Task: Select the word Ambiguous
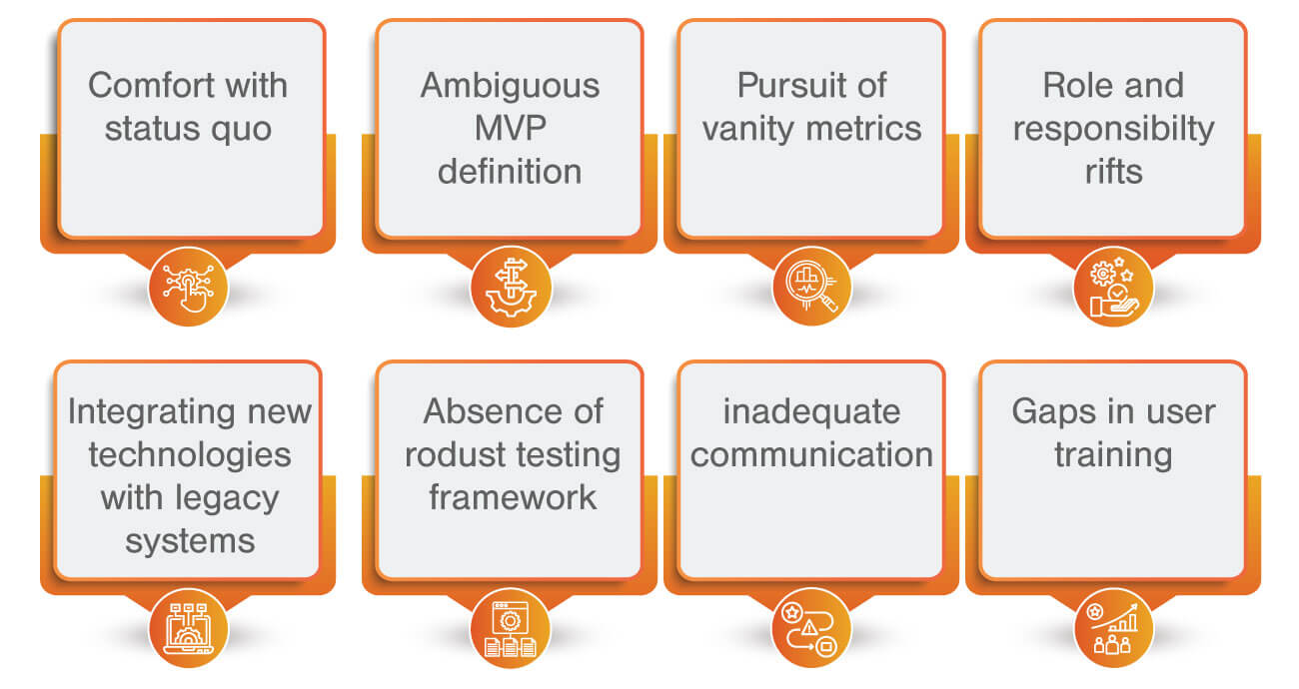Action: (x=510, y=86)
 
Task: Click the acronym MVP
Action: (x=510, y=129)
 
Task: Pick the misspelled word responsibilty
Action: (x=1113, y=129)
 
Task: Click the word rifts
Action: (x=1113, y=172)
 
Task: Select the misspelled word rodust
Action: (x=463, y=454)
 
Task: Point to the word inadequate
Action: (x=811, y=411)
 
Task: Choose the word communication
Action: (x=811, y=454)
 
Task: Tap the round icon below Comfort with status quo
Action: (x=188, y=288)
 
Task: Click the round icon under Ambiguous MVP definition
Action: (x=510, y=288)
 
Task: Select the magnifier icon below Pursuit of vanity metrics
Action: (x=811, y=288)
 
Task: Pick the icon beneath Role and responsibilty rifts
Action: (x=1113, y=288)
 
